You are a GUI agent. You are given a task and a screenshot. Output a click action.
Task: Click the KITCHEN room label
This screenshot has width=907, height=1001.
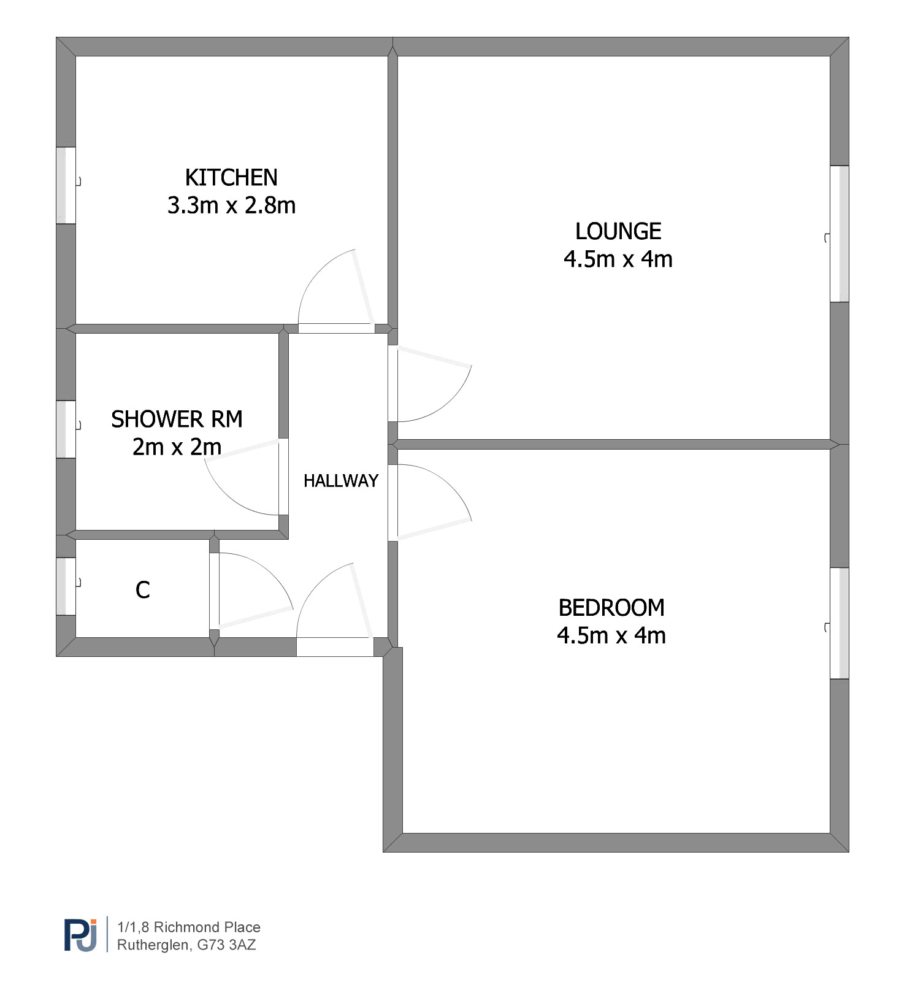pos(231,178)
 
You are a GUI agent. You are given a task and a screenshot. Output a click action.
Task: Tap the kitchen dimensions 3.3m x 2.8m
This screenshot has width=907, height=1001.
pos(231,205)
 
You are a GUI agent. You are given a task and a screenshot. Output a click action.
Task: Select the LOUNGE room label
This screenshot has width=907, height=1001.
pos(618,231)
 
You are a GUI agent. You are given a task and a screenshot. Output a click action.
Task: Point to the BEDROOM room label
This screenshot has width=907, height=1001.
pos(611,608)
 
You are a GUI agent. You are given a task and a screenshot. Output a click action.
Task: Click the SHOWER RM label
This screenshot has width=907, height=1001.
pos(177,420)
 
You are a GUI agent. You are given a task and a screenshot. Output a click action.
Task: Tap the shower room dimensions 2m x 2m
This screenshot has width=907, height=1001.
pos(177,447)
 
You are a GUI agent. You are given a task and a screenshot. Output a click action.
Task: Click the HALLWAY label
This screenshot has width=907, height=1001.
pos(341,481)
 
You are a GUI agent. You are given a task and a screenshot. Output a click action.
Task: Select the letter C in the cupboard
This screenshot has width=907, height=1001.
pos(142,590)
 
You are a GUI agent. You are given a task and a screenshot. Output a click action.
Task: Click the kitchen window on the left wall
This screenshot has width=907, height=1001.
pos(66,185)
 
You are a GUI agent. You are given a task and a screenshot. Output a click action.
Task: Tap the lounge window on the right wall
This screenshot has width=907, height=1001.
pos(840,234)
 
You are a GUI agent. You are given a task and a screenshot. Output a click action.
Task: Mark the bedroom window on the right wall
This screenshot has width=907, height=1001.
pos(840,623)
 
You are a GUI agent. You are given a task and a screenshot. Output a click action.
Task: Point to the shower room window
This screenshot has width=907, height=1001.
pos(66,429)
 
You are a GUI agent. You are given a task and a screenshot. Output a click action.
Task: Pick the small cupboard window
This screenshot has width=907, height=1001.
pos(66,586)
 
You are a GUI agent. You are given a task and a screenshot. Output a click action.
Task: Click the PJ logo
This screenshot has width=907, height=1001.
pos(81,935)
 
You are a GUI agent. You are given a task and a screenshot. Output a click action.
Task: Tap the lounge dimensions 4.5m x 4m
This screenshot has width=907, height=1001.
pos(618,259)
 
